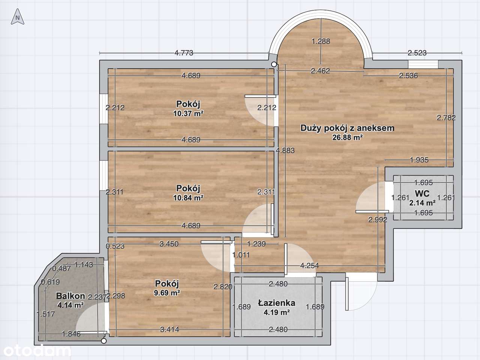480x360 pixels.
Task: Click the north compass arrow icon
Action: click(18, 16)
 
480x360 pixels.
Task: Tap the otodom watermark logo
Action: click(37, 351)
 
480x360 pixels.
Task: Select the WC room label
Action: click(422, 193)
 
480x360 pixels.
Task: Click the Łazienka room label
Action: click(277, 303)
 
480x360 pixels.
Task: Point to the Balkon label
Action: click(70, 296)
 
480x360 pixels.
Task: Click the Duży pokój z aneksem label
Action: click(347, 128)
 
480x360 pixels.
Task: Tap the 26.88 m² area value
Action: click(348, 137)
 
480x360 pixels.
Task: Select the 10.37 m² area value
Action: click(188, 114)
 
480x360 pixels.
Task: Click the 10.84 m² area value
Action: click(188, 198)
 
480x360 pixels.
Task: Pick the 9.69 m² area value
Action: click(167, 293)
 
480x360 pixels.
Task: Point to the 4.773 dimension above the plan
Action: click(184, 53)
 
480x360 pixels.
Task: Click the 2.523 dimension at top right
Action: click(417, 53)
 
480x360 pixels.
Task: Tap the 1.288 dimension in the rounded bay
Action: click(321, 41)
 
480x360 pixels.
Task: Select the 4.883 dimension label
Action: click(285, 150)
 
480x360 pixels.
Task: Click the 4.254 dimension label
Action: click(309, 266)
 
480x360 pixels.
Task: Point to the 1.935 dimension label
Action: click(419, 160)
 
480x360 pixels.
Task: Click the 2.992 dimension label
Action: click(378, 219)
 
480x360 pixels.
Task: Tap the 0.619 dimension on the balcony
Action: click(50, 282)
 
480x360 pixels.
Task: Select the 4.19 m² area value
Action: click(277, 312)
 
